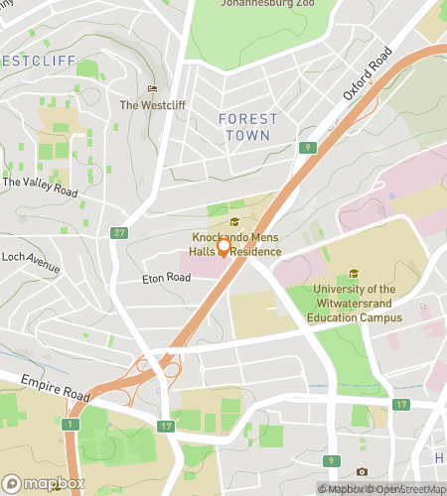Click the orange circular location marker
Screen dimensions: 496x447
pos(224,248)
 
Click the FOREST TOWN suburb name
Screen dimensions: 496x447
pos(247,126)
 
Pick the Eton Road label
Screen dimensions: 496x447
pos(165,278)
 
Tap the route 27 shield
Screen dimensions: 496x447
pos(119,232)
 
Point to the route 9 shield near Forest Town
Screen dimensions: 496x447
pos(309,148)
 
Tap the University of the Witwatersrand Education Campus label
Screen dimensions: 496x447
pos(355,304)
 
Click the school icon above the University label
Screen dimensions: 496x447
pos(354,274)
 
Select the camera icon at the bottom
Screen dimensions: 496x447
pos(362,471)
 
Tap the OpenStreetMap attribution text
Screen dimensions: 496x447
pos(407,488)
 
